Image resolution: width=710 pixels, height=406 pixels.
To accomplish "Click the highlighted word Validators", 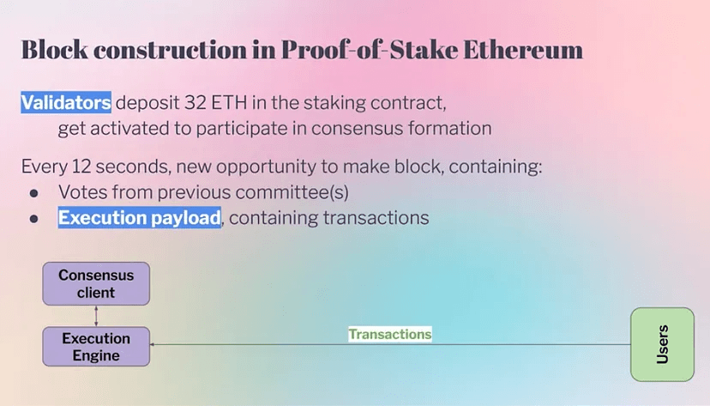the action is pyautogui.click(x=66, y=102).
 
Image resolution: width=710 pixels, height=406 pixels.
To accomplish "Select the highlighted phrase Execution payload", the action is pyautogui.click(x=140, y=217).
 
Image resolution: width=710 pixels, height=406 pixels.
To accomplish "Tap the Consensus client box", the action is pyautogui.click(x=96, y=283).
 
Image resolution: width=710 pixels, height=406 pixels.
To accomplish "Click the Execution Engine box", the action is pyautogui.click(x=96, y=347).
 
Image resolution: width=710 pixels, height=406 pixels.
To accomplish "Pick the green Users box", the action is pyautogui.click(x=663, y=344).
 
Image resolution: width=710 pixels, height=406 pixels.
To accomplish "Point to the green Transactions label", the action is pyautogui.click(x=390, y=335).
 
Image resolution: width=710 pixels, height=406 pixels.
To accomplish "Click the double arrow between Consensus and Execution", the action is pyautogui.click(x=96, y=316).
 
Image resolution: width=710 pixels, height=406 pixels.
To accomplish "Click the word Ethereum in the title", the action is pyautogui.click(x=523, y=50).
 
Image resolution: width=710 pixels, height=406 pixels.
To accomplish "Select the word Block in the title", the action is pyautogui.click(x=54, y=50).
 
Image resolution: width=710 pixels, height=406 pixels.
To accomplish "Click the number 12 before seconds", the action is pyautogui.click(x=81, y=167).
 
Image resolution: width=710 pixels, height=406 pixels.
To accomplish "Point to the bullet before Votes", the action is pyautogui.click(x=34, y=193).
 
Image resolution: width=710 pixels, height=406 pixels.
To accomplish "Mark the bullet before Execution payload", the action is pyautogui.click(x=34, y=220).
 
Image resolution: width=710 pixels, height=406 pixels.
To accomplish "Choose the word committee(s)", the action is pyautogui.click(x=292, y=192).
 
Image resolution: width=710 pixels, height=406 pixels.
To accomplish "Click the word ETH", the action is pyautogui.click(x=229, y=103).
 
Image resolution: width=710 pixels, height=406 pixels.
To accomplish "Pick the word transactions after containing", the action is pyautogui.click(x=376, y=218).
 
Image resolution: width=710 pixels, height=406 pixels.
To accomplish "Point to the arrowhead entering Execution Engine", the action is pyautogui.click(x=152, y=344).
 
